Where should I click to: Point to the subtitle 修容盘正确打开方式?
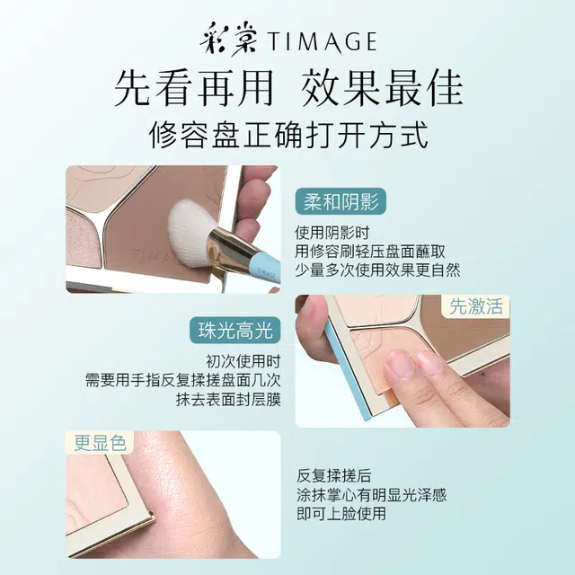(x=287, y=136)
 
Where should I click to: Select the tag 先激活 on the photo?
(x=477, y=307)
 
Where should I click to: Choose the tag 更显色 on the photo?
(x=99, y=443)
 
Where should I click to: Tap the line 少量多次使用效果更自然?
(x=377, y=270)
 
